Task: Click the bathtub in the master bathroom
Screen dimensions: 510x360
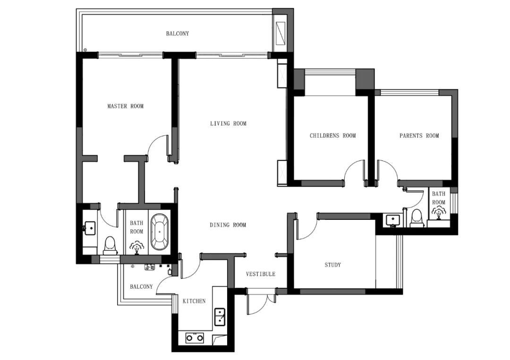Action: tap(160, 232)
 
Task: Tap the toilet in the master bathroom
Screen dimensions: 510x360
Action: tap(110, 246)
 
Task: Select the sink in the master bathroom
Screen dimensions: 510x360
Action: tap(90, 228)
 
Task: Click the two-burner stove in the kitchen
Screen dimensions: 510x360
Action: tap(195, 338)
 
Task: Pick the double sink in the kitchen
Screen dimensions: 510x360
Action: tap(220, 317)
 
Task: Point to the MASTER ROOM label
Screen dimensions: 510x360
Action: tap(126, 106)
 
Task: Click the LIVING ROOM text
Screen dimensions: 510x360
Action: tap(228, 124)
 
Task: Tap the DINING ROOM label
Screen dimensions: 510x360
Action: tap(228, 225)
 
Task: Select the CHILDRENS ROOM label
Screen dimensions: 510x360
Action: tap(333, 135)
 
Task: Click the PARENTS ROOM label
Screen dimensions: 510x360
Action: tap(419, 135)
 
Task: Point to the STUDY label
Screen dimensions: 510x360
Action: tap(333, 265)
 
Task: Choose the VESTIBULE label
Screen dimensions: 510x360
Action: tap(261, 274)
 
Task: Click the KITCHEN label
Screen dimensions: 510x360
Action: tap(194, 301)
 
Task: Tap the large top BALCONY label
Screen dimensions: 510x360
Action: tap(178, 33)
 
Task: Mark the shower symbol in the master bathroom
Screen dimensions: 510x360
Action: tap(137, 248)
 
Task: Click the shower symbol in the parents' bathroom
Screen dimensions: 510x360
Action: tap(439, 212)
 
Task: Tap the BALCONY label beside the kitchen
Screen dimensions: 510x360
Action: tap(141, 286)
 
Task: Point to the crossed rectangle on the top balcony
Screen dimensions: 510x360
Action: tap(280, 33)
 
